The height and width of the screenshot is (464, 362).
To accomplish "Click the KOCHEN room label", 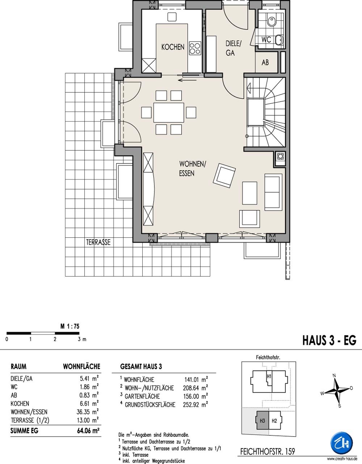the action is tap(173, 47).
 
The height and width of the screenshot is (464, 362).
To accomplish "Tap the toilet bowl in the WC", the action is tap(271, 21).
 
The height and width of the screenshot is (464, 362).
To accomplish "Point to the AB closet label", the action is tap(265, 62).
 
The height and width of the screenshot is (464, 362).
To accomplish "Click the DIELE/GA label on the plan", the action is tap(233, 48).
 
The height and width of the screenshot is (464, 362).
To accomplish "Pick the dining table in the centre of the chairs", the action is tap(169, 112).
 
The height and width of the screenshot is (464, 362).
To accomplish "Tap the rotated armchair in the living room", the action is tap(224, 175).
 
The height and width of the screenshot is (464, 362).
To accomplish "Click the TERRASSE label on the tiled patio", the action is tap(98, 242).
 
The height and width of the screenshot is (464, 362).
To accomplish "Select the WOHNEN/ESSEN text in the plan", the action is tap(193, 169).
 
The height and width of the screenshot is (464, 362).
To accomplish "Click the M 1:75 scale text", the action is tap(70, 326).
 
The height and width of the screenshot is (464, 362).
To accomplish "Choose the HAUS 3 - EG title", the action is tap(329, 340).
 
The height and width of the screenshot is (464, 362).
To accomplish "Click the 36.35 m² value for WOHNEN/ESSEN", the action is tap(88, 412).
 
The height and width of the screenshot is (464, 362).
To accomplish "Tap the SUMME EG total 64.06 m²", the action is tap(88, 431).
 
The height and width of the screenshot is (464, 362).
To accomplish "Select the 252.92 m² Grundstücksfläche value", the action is tap(195, 405).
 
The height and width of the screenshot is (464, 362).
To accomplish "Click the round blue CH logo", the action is tap(341, 443).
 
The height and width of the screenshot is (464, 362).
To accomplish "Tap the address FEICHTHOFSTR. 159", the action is tap(268, 451).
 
